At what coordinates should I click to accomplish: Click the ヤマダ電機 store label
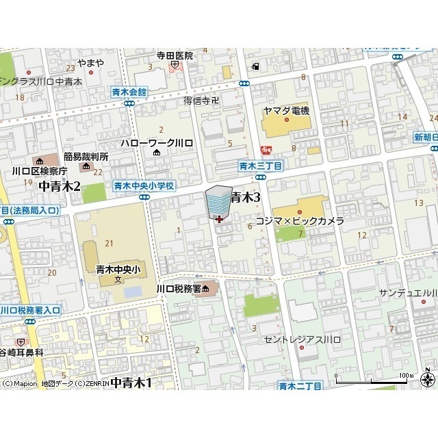(x=286, y=111)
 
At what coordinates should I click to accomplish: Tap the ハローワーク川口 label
(x=157, y=142)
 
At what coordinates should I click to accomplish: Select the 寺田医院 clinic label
(x=175, y=55)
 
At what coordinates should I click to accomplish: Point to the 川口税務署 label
(x=178, y=289)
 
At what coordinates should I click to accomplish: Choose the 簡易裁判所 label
(x=87, y=157)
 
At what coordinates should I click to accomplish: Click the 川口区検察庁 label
(x=38, y=171)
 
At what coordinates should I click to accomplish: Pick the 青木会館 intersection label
(x=130, y=91)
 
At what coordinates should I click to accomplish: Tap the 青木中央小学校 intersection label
(x=144, y=186)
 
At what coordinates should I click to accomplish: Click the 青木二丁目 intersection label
(x=299, y=386)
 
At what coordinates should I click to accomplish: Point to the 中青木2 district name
(x=60, y=186)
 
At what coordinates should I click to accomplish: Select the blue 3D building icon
(x=218, y=202)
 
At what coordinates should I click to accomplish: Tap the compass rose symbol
(x=428, y=379)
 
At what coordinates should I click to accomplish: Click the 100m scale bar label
(x=407, y=375)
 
